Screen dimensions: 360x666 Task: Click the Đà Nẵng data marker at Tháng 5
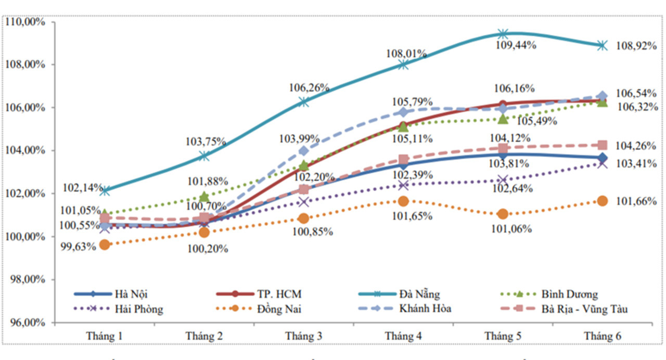[503, 34]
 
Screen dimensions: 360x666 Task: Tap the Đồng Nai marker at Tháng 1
[105, 245]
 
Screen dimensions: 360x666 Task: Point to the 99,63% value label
[79, 247]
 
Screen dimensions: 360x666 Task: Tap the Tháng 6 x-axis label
[602, 337]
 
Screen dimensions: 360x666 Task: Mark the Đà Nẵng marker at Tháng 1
[105, 191]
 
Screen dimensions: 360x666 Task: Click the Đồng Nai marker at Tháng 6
[602, 201]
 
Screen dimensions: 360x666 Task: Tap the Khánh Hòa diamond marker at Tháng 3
[303, 151]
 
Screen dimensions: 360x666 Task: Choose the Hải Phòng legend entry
[138, 309]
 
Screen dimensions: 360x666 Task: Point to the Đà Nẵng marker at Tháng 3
[303, 102]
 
